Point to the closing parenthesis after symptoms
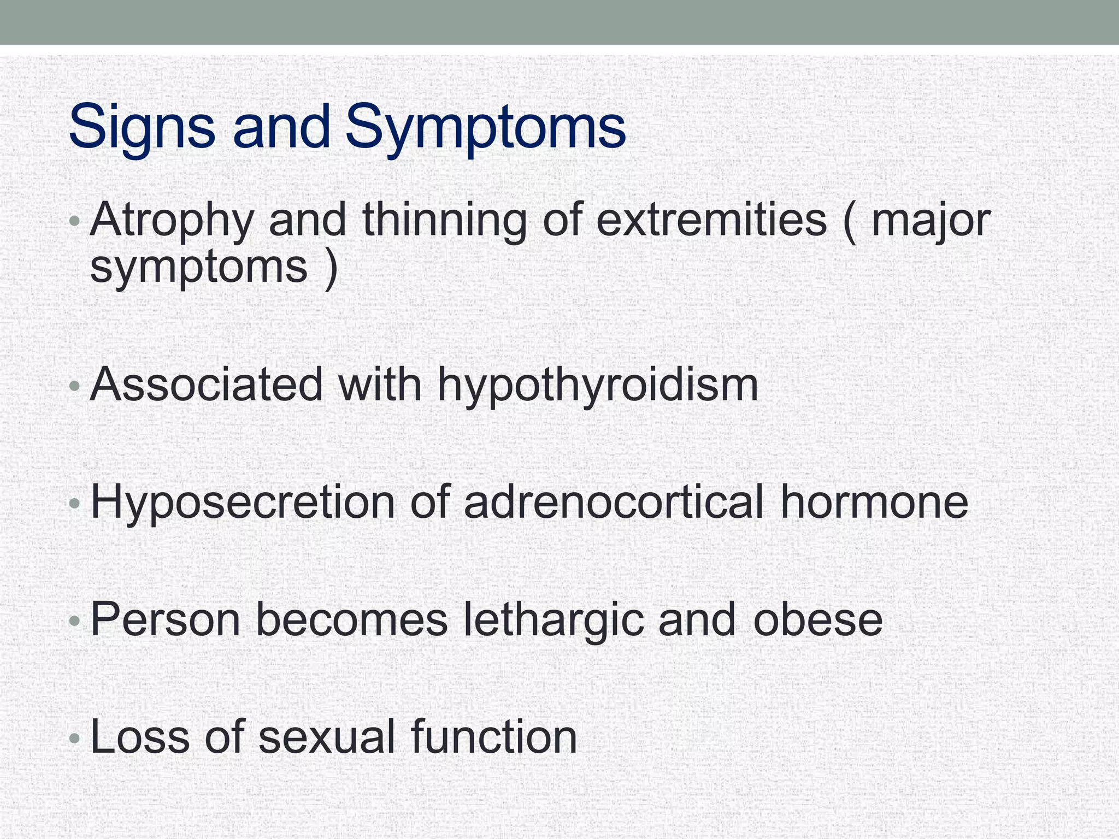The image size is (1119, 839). tap(331, 268)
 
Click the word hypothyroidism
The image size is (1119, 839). tap(598, 386)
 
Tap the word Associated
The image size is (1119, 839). tap(207, 385)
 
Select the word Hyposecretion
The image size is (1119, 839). tap(243, 503)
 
